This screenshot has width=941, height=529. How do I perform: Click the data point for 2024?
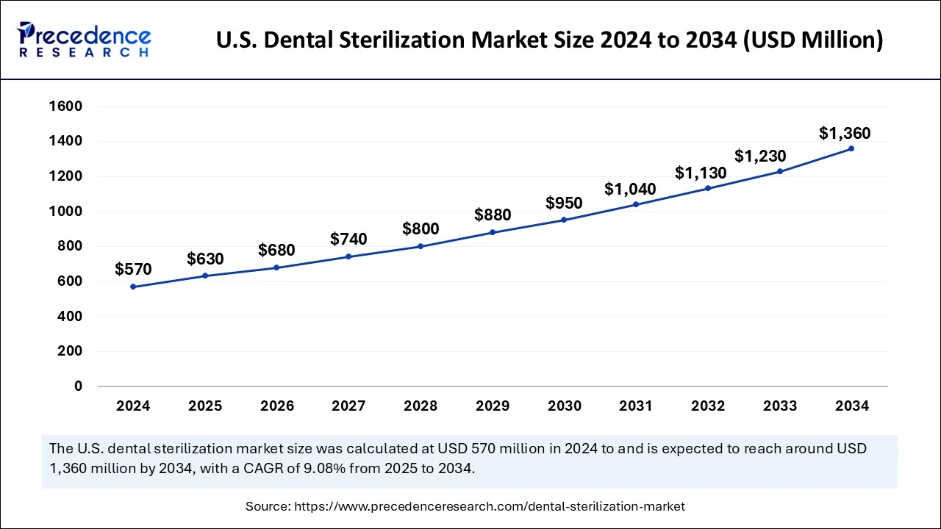[x=133, y=287]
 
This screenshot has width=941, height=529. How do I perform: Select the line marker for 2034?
[x=851, y=148]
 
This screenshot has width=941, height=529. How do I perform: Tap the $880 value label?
[x=493, y=215]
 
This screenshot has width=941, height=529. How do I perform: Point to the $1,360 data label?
[x=845, y=134]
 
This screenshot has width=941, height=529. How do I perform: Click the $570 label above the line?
[x=133, y=270]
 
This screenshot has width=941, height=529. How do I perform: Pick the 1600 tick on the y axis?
[x=65, y=106]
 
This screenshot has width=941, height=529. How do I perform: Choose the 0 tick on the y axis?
[x=78, y=386]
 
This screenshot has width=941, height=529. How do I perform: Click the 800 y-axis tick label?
[x=69, y=246]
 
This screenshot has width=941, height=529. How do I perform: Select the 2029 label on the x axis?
[x=493, y=406]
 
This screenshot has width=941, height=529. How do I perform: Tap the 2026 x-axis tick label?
[x=277, y=406]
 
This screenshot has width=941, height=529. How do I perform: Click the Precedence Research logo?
[x=84, y=40]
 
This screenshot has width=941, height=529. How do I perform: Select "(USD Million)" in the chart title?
[x=813, y=40]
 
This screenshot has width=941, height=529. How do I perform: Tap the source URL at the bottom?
[x=490, y=506]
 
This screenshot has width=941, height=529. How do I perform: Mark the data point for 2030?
[x=564, y=220]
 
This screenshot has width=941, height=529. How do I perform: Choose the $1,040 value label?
[x=630, y=189]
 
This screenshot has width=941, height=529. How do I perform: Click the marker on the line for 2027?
[x=348, y=256]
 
